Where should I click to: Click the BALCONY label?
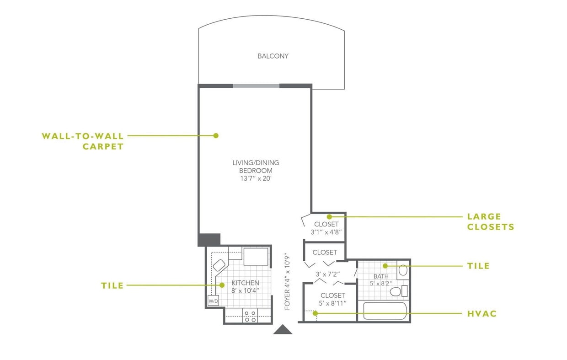273,56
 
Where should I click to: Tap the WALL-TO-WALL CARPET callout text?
82,141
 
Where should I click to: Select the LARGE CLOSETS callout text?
490,221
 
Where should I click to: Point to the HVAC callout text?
481,314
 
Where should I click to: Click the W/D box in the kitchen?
213,301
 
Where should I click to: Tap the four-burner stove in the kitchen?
250,316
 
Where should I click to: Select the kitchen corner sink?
219,265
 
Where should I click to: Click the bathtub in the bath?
385,311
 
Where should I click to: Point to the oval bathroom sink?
403,270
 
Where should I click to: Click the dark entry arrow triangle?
283,329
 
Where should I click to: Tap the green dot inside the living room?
216,135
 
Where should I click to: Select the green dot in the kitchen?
222,285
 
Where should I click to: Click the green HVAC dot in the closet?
315,313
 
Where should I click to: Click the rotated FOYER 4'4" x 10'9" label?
288,281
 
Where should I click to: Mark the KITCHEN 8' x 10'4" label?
245,286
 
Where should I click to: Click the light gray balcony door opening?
256,86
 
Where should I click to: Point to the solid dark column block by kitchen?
209,239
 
